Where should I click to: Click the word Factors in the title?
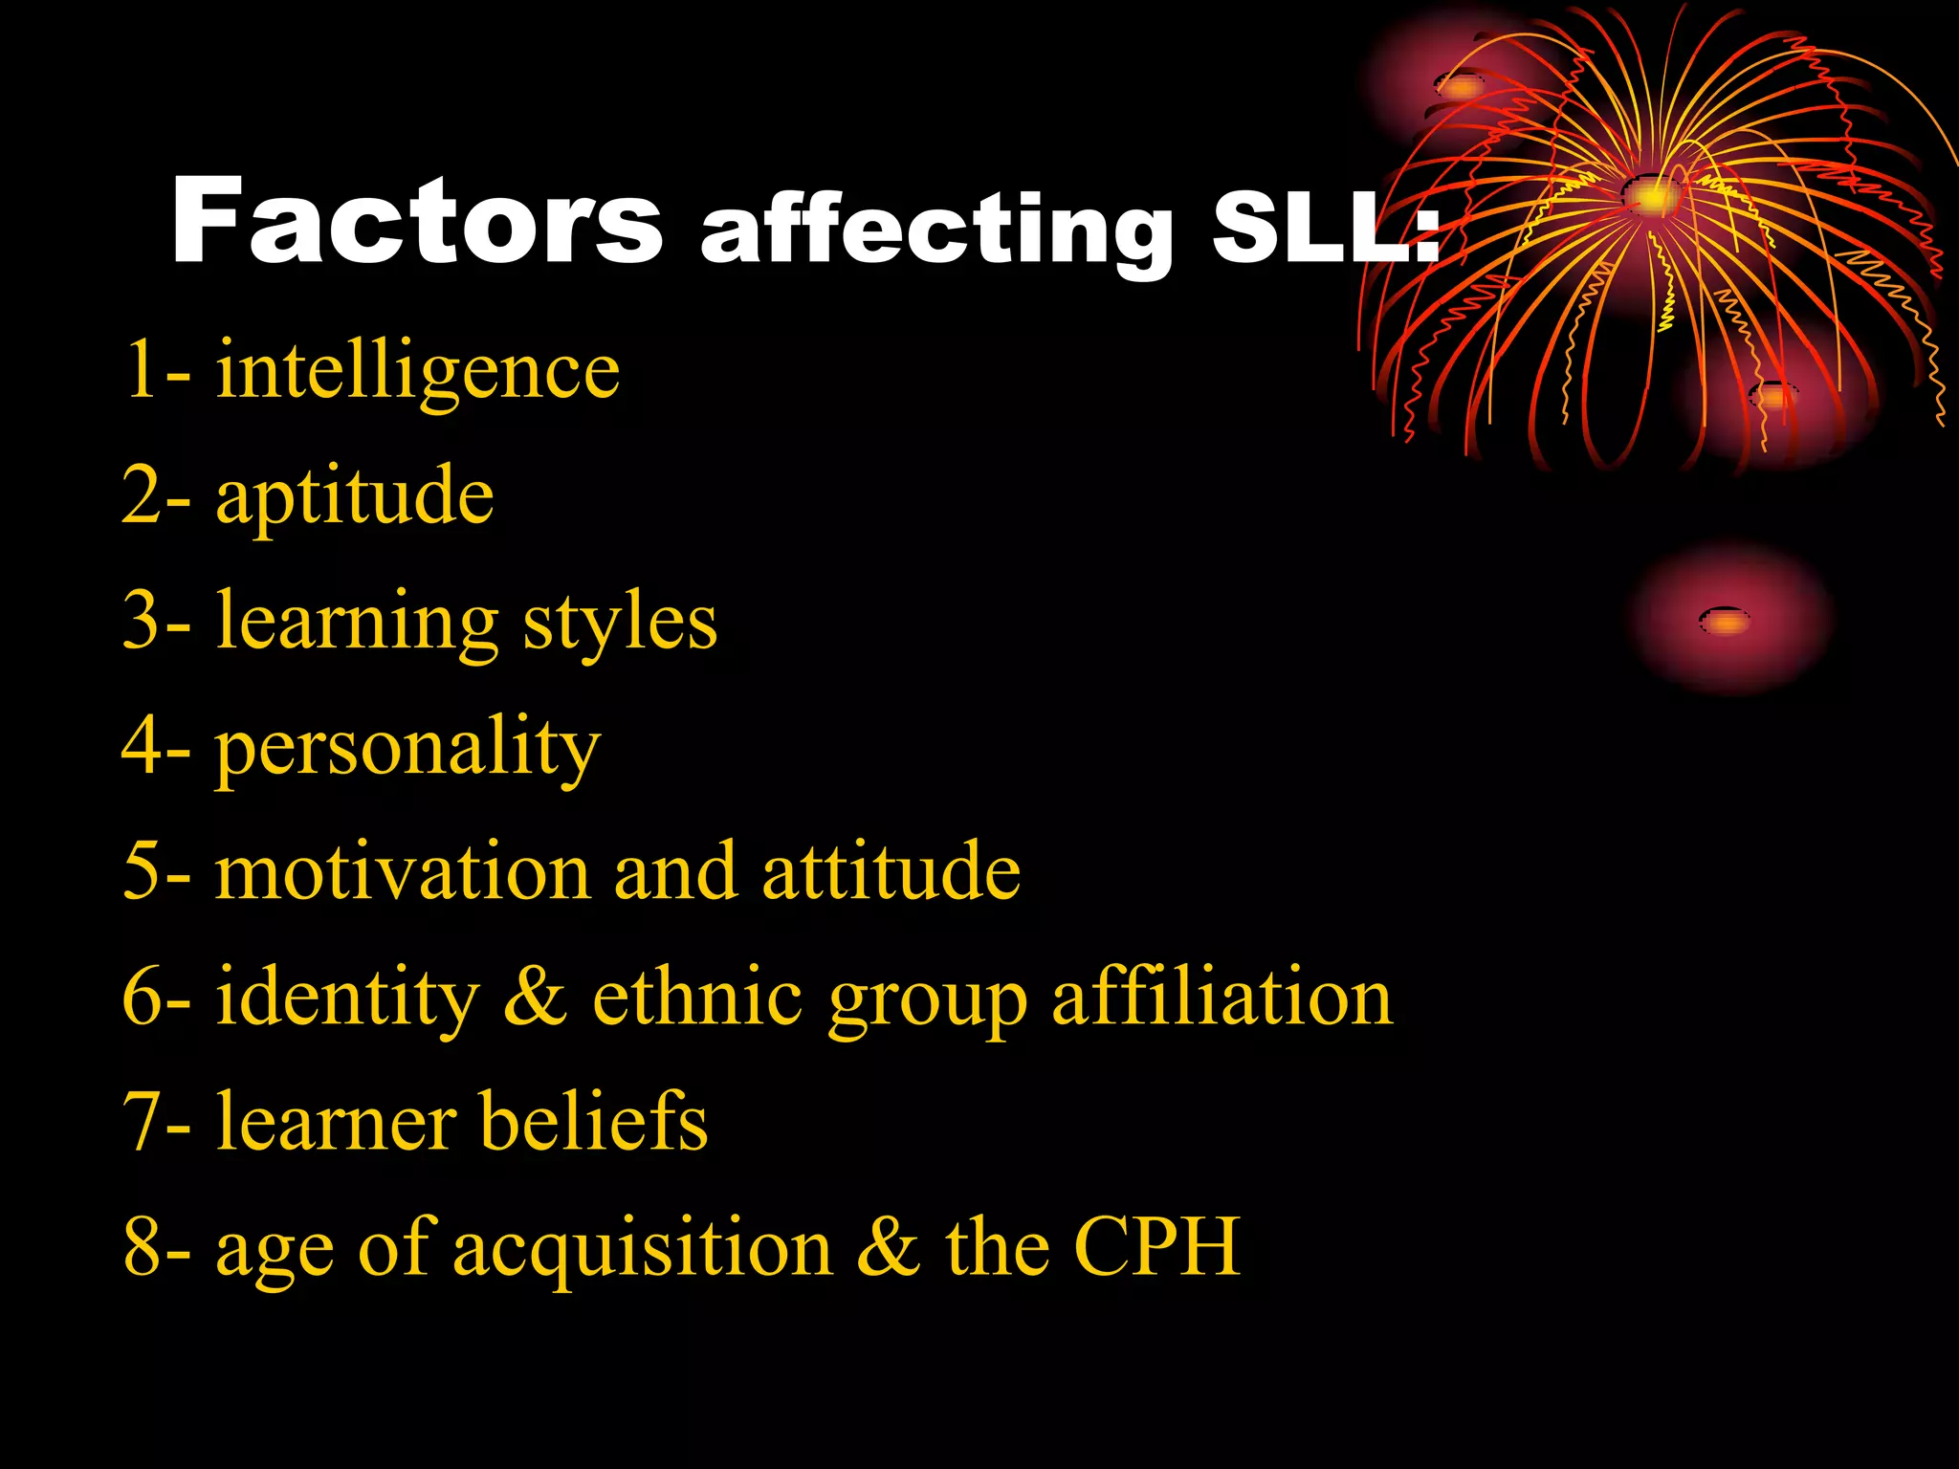(417, 222)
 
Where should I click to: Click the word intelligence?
(418, 371)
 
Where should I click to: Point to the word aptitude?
(355, 496)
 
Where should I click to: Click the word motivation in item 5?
(403, 872)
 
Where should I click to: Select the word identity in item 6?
(347, 998)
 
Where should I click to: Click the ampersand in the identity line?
(536, 998)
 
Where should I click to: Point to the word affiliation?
(1222, 998)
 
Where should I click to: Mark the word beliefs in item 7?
(593, 1121)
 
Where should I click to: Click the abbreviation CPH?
(1156, 1247)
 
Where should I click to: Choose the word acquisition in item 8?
(642, 1249)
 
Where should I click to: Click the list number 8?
(143, 1247)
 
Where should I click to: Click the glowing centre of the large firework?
(1652, 197)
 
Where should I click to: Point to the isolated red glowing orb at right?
(1728, 619)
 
